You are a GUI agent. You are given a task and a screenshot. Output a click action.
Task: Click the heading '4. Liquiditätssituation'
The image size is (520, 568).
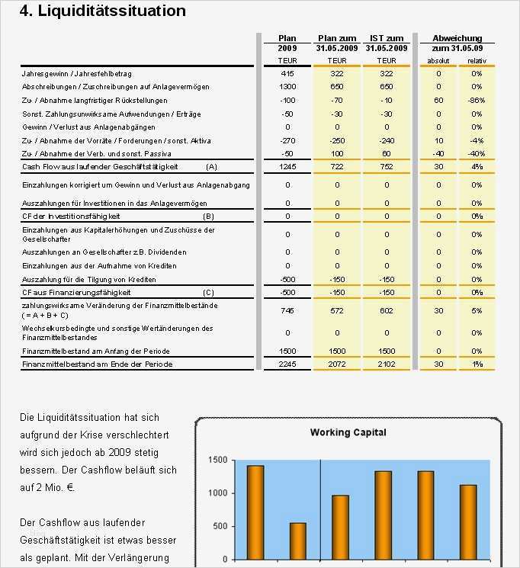click(102, 11)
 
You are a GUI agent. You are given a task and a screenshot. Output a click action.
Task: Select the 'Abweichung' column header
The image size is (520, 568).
click(457, 38)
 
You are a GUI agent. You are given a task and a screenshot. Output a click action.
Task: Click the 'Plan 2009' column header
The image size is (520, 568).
click(287, 43)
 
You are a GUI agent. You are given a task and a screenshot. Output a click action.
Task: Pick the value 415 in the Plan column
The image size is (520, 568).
click(287, 73)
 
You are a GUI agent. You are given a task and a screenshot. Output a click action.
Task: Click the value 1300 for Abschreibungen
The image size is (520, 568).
click(287, 87)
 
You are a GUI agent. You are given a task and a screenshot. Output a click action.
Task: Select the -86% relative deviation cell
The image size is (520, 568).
click(477, 101)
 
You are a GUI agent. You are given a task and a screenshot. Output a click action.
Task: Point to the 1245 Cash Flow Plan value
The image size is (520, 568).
click(287, 166)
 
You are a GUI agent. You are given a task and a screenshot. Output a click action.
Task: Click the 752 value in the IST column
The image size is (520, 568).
click(387, 166)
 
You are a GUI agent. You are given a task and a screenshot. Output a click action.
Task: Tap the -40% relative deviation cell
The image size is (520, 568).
click(477, 154)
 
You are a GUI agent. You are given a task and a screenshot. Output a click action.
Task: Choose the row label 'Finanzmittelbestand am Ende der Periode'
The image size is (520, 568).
click(97, 364)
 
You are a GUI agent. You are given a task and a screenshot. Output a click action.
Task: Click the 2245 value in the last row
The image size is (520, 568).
click(287, 364)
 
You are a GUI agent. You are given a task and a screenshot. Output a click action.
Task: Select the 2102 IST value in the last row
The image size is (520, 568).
click(387, 364)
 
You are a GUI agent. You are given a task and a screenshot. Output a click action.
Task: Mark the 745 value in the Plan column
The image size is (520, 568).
click(287, 310)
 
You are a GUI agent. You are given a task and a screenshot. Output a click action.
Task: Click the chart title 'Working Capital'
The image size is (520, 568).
click(348, 432)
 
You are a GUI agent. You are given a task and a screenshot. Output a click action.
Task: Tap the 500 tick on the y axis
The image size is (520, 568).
click(220, 526)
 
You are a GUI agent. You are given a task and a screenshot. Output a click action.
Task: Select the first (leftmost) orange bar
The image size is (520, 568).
click(255, 512)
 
